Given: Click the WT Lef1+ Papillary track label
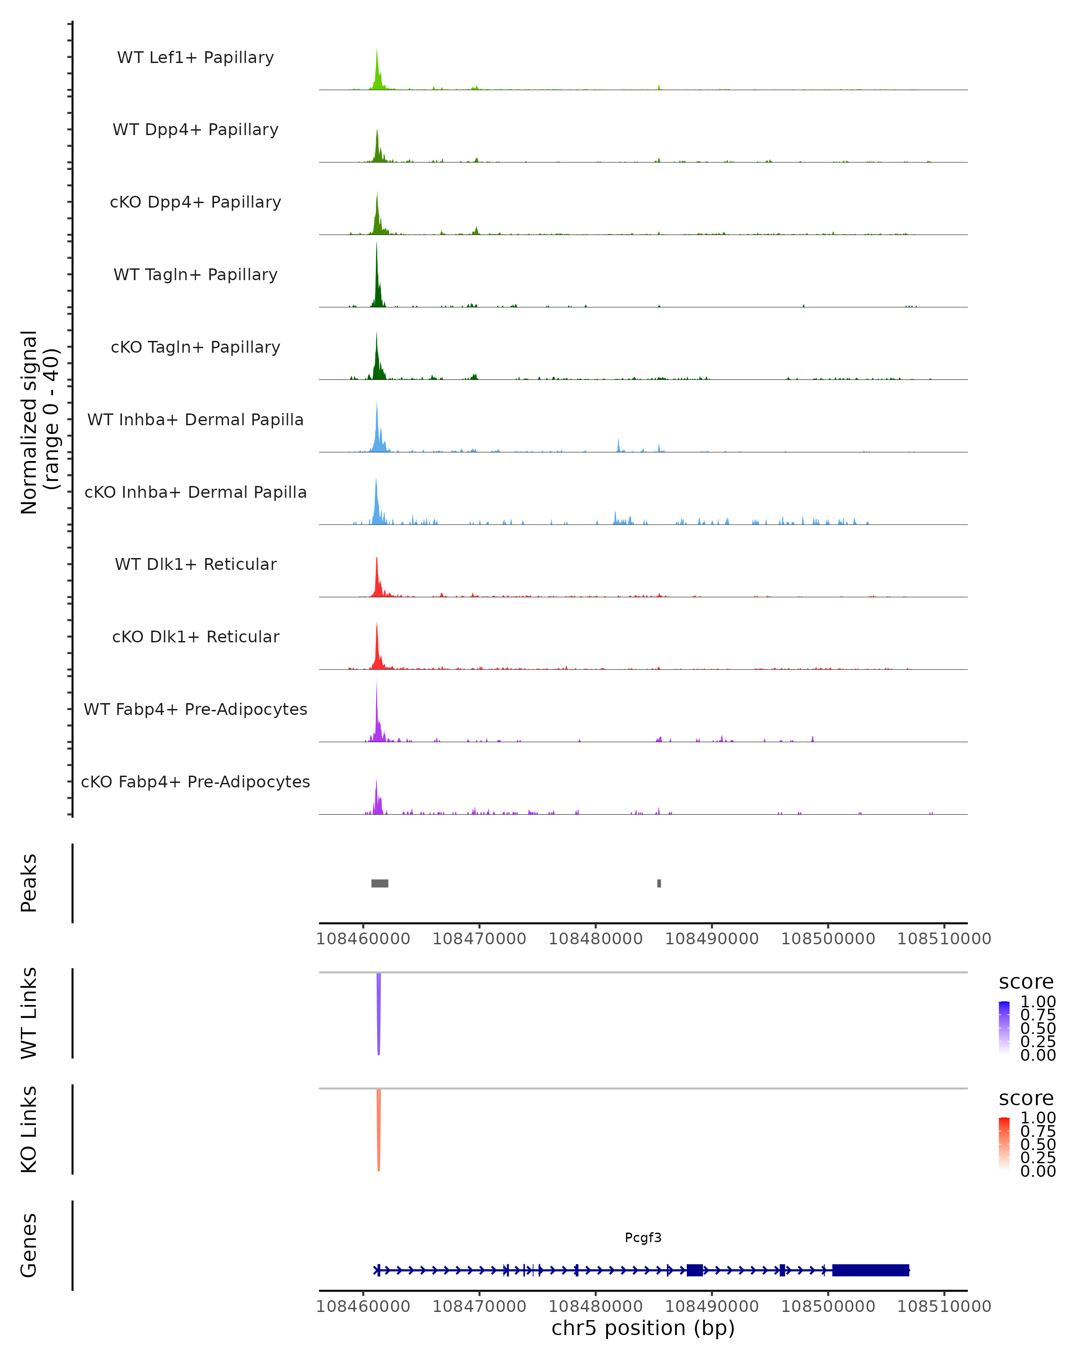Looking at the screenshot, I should [195, 58].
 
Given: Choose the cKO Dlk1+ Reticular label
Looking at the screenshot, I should [195, 636].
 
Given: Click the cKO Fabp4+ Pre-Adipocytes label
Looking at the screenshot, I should [195, 782].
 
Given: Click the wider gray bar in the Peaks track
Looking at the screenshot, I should [380, 883].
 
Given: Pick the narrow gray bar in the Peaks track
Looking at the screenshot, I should [659, 883].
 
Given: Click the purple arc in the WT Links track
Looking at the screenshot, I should [379, 1015].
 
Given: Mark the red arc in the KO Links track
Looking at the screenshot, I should [379, 1132].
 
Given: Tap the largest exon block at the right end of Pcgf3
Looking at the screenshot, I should [870, 1270].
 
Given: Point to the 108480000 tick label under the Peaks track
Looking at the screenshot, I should [595, 939].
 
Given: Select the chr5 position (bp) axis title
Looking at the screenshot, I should [643, 1328].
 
